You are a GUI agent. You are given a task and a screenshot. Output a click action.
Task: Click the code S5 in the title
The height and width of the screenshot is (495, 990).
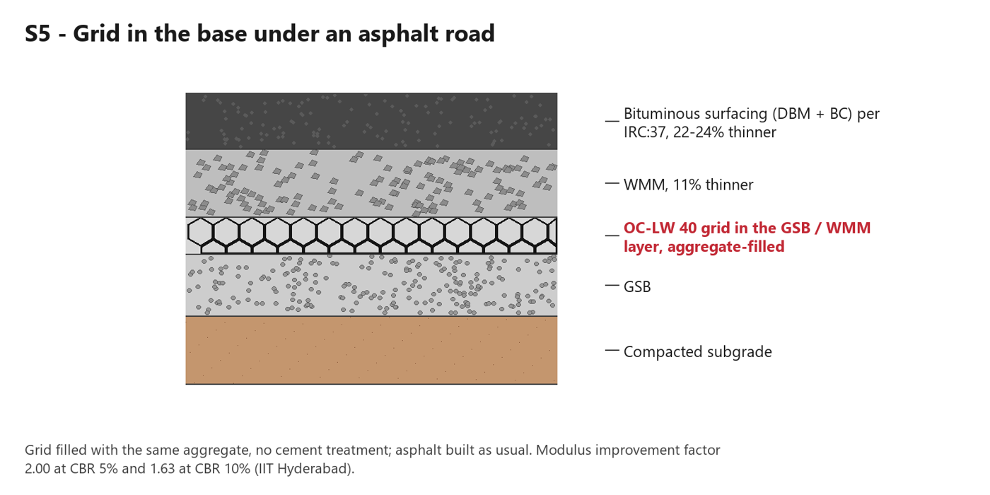coord(38,34)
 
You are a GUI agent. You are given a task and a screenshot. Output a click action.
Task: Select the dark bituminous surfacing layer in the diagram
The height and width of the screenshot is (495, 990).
coord(371,121)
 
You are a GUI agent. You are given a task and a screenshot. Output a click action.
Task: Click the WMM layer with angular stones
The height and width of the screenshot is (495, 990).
coord(371,183)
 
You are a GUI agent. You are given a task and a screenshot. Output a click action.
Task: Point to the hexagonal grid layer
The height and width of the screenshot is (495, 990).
coord(371,235)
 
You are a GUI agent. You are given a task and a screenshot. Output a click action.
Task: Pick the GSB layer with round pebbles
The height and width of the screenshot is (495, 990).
coord(371,285)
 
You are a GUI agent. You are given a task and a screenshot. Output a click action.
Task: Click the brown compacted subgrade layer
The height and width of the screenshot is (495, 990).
coord(371,350)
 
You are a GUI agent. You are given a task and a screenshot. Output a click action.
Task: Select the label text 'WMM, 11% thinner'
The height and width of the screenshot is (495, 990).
coord(688,185)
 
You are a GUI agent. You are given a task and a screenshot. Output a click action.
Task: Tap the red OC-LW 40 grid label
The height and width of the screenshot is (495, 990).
coord(747,238)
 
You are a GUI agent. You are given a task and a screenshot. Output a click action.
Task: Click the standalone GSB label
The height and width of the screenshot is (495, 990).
coord(637,287)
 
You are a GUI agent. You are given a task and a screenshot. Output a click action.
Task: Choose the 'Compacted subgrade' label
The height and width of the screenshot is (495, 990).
coord(697,352)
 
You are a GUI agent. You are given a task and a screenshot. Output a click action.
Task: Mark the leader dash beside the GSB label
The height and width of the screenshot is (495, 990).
coord(612,286)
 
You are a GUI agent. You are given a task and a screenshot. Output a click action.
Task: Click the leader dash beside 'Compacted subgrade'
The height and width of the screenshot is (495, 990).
coord(612,351)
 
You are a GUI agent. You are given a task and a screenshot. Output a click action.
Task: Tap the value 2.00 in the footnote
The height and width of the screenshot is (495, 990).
coord(37,468)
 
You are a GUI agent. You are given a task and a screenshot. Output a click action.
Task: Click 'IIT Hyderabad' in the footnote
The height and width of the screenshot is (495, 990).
coord(304,468)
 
